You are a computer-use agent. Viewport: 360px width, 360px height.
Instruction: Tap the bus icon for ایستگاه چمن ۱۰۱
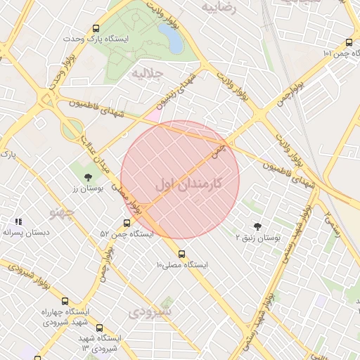(x=349, y=42)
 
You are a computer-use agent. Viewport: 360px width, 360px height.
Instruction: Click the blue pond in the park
(x=170, y=37)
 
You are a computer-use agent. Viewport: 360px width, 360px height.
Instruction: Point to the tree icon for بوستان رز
(x=88, y=177)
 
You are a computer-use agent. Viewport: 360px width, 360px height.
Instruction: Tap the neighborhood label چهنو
(x=62, y=211)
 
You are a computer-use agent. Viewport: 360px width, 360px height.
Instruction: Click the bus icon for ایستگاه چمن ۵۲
(x=127, y=223)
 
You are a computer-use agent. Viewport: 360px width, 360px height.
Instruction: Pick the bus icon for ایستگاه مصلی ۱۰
(x=182, y=254)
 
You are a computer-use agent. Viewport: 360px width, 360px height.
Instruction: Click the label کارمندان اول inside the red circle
(x=188, y=184)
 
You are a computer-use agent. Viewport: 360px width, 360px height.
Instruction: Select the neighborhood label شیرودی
(x=152, y=310)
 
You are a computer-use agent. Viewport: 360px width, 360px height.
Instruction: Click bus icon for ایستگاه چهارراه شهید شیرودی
(x=65, y=301)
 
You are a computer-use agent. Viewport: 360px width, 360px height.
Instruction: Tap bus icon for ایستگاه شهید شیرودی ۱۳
(x=98, y=328)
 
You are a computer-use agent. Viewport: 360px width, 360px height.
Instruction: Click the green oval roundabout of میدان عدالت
(x=71, y=130)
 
